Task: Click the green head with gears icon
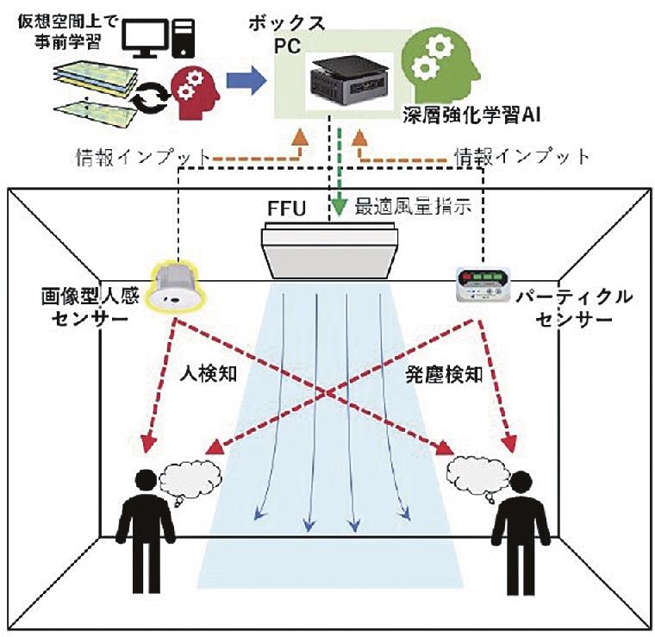(x=437, y=63)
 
